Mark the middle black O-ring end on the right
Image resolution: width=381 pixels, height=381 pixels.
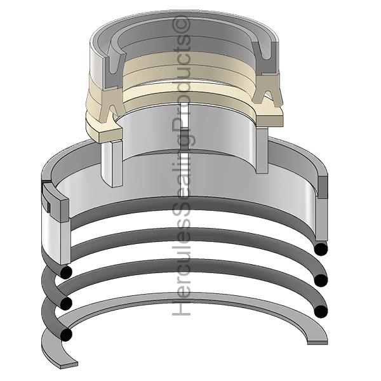(322, 279)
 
